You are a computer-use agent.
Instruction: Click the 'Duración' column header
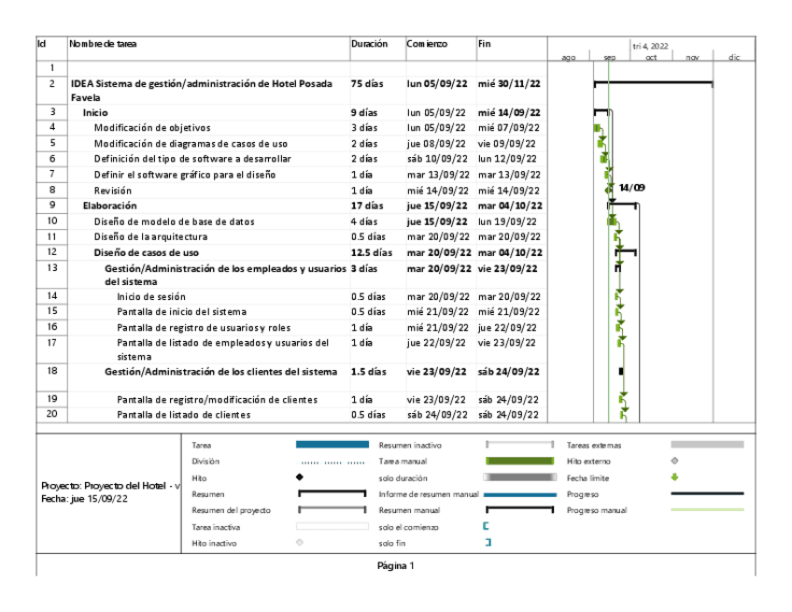pos(369,44)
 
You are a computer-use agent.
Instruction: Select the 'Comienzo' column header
pos(427,44)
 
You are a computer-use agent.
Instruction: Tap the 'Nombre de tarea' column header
pos(103,44)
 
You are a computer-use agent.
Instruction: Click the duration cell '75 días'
pos(367,83)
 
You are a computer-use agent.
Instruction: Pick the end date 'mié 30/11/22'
pos(509,83)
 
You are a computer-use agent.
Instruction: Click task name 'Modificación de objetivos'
pos(152,127)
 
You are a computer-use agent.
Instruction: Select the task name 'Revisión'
pos(113,190)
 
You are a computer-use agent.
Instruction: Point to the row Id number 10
pos(52,221)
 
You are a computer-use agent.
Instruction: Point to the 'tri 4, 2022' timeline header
pos(650,45)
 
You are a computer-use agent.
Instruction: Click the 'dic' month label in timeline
pos(734,58)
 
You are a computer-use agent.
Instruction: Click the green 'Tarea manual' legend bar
pos(519,461)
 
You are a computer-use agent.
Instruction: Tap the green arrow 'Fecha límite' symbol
pos(674,477)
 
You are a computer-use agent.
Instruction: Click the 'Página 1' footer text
pos(395,565)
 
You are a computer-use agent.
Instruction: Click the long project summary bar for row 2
pos(654,83)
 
